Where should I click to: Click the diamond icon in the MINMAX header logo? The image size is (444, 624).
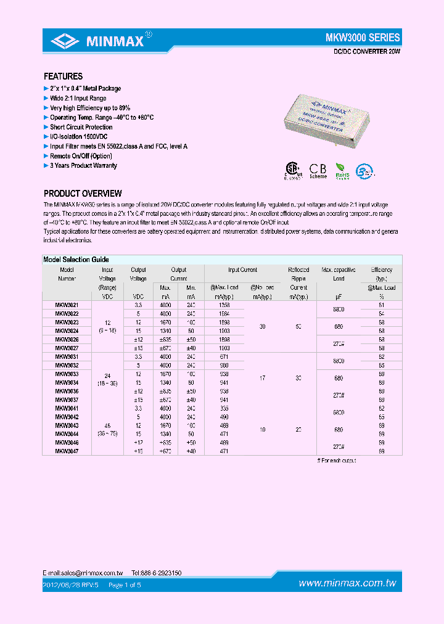coord(64,41)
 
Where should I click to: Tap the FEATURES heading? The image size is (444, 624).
coord(63,76)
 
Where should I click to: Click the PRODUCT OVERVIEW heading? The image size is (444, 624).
coord(83,194)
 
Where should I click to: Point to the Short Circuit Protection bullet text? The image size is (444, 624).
coord(81,127)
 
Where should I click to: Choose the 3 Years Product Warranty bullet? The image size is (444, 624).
coord(83,166)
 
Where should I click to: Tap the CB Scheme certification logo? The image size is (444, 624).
coord(318,170)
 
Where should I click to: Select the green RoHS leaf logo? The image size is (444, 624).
coord(342,170)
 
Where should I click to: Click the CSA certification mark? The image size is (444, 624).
coord(292,170)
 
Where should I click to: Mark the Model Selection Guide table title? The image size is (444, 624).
coord(76,260)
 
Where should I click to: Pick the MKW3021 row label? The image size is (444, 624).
coord(67,305)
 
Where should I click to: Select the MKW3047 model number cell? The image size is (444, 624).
coord(67,451)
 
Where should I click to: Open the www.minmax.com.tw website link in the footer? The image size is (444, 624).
coord(347,583)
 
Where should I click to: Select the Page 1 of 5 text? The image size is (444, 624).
coord(125,584)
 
